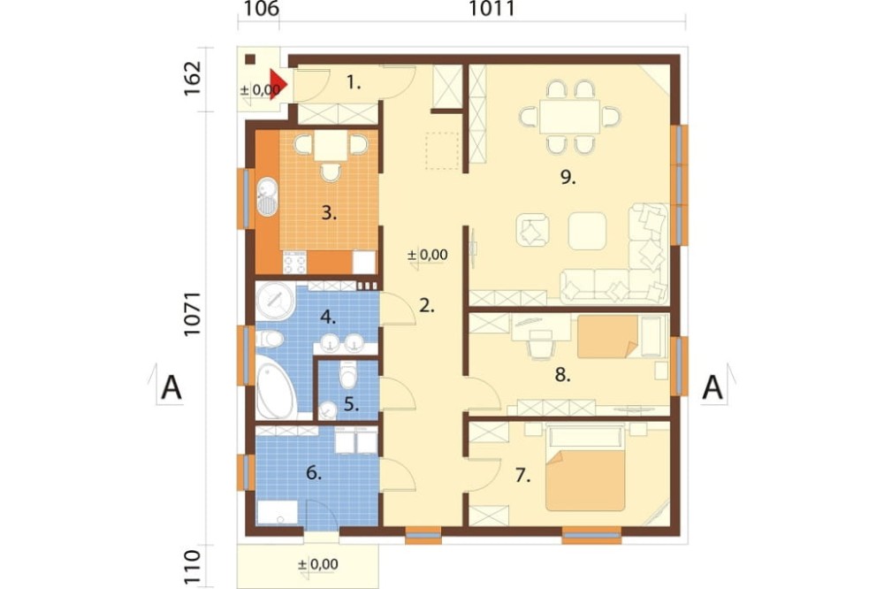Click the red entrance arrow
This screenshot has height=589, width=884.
[x=278, y=84]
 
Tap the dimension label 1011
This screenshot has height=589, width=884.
[x=492, y=9]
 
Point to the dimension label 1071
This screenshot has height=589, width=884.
[x=192, y=314]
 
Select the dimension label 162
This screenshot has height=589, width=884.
[x=192, y=78]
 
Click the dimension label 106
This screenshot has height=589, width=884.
[x=261, y=9]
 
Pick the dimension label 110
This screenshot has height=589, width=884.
[x=192, y=566]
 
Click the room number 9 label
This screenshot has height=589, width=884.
[x=568, y=178]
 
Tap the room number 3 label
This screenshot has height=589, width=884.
[x=329, y=213]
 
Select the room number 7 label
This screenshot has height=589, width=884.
[x=522, y=476]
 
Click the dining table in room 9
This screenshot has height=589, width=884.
[x=569, y=117]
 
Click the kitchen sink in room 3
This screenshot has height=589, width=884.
[x=267, y=196]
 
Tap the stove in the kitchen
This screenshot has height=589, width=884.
[x=294, y=262]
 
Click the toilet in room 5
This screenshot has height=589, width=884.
[x=348, y=375]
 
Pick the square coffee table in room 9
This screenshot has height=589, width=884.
[x=588, y=231]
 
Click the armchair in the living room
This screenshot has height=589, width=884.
[x=533, y=230]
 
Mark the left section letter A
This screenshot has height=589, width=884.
[x=171, y=388]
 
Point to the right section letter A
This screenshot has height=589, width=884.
[x=712, y=388]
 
